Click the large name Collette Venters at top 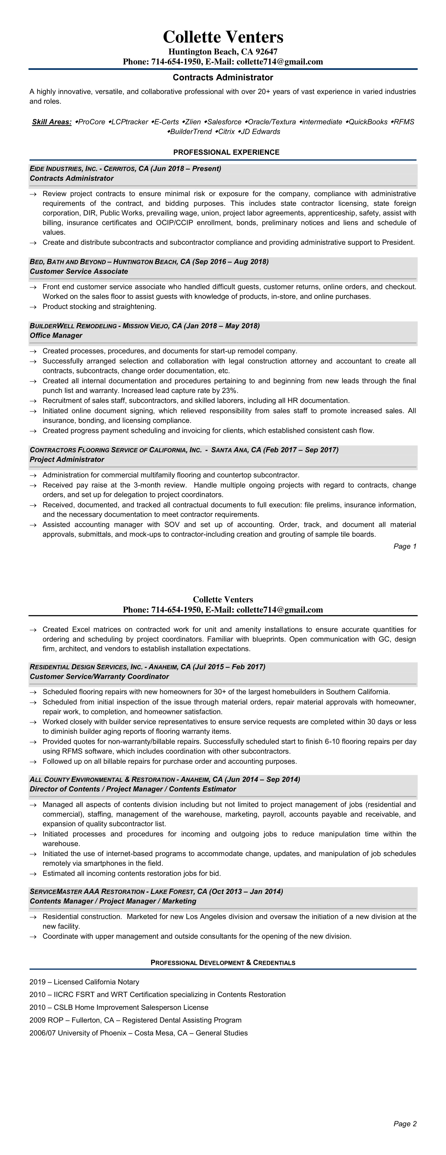pos(223,37)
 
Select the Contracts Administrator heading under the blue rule pos(223,77)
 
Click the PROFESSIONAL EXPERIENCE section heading pos(226,153)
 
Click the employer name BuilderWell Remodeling pos(73,326)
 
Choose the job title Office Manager pos(56,336)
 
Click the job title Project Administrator pos(67,460)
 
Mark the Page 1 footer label pos(405,547)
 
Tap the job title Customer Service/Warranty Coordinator pos(99,676)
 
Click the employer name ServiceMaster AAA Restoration pos(87,892)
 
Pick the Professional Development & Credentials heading pos(223,963)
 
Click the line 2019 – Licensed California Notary pos(84,982)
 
